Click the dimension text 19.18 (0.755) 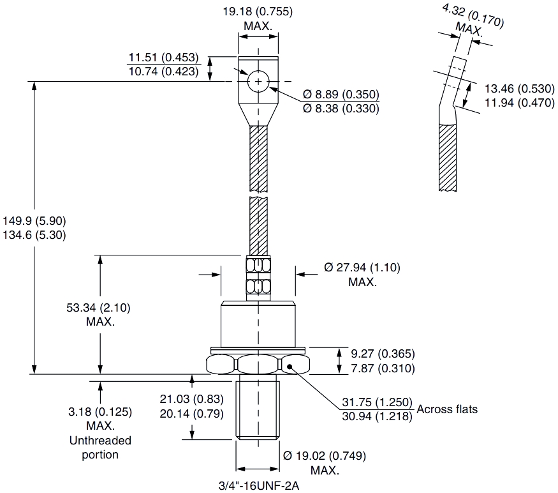coord(258,11)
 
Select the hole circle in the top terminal coord(258,82)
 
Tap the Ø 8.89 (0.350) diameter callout coord(341,95)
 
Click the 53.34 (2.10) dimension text coord(99,308)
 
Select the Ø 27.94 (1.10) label coord(362,268)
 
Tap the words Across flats coord(447,409)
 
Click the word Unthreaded coord(99,441)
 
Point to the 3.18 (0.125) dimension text coord(99,412)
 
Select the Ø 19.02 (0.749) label coord(326,456)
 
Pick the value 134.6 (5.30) coord(35,234)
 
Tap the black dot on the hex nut coord(290,366)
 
